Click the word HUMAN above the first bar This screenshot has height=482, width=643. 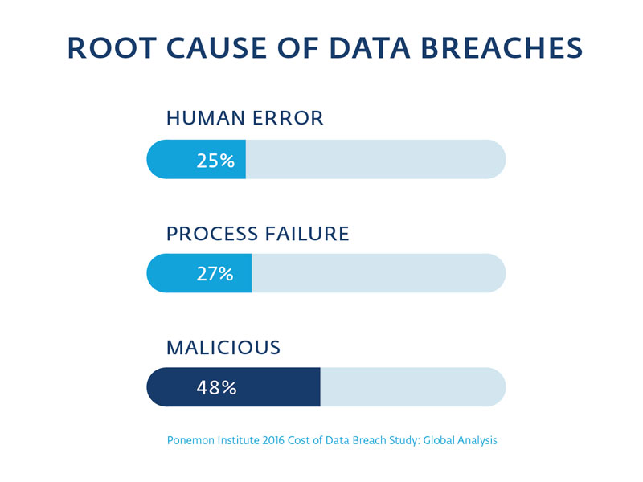click(x=205, y=119)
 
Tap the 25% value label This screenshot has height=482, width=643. click(x=215, y=161)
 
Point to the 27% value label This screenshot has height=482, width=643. click(x=215, y=274)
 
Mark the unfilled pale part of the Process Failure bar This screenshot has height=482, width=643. click(x=378, y=274)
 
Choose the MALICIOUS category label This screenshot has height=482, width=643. click(x=223, y=348)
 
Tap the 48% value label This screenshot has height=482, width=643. click(x=216, y=388)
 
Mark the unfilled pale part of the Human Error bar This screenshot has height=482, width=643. click(x=375, y=160)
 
